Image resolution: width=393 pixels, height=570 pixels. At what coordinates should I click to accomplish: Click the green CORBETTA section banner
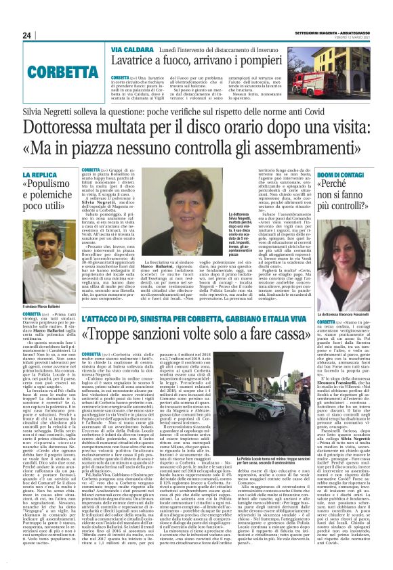coord(54,69)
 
